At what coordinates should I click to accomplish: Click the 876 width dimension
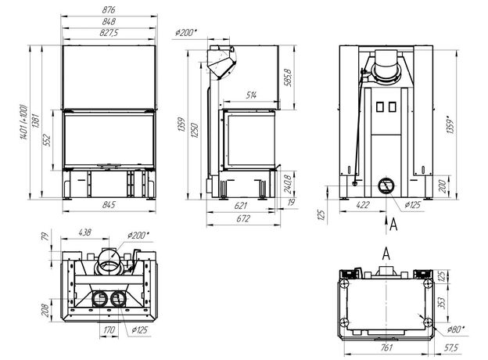(109, 9)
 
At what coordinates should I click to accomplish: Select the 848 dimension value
(109, 21)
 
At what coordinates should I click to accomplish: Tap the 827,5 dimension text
(109, 32)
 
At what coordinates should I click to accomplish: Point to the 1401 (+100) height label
(24, 122)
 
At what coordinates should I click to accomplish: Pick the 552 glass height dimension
(47, 140)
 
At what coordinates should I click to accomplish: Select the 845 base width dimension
(109, 204)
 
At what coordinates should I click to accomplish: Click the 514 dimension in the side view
(251, 95)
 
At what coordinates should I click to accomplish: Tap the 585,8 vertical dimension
(288, 77)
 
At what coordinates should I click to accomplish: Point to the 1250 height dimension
(195, 131)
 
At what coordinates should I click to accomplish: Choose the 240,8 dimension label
(288, 184)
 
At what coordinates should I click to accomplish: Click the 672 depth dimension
(243, 218)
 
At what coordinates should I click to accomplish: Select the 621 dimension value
(241, 206)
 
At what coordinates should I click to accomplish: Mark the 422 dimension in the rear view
(363, 204)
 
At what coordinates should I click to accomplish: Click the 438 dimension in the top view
(84, 232)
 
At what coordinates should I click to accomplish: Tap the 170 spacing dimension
(109, 329)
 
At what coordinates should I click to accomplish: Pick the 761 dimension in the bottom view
(386, 347)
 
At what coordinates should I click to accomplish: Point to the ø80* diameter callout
(456, 329)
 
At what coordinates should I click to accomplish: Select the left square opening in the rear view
(380, 106)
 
